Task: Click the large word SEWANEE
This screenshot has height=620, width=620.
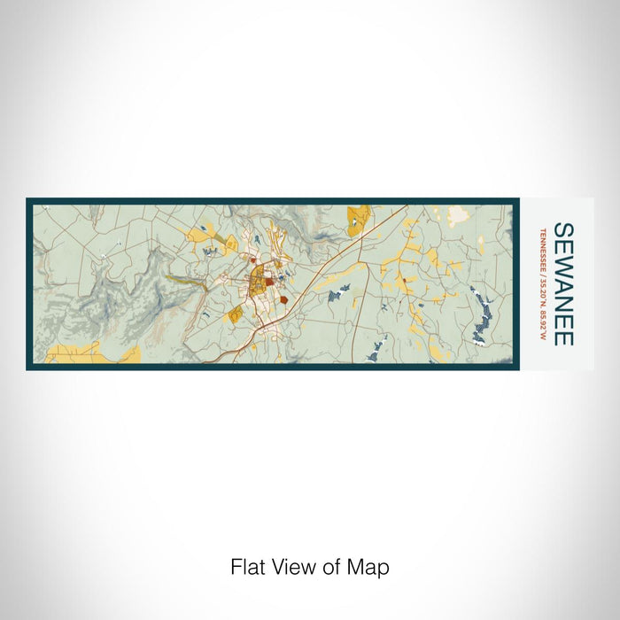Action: [563, 283]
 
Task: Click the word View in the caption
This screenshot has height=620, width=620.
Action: [298, 566]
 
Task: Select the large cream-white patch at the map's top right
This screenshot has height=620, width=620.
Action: [458, 213]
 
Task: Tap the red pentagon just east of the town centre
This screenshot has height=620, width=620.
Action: [285, 300]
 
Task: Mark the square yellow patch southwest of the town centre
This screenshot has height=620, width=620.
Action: [235, 314]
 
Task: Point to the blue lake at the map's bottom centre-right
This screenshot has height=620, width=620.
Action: [373, 352]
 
